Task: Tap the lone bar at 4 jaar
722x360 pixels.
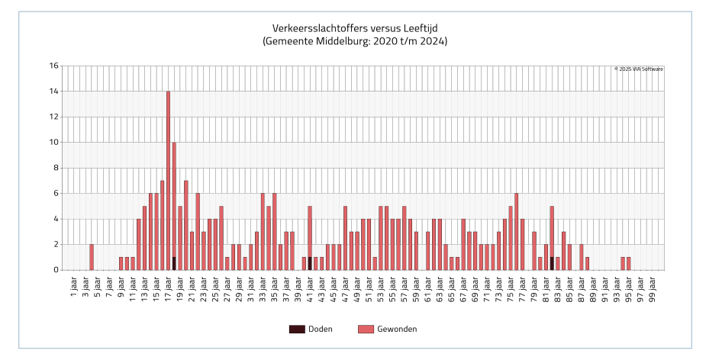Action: coord(92,257)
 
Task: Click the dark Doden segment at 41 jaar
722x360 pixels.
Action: coord(310,264)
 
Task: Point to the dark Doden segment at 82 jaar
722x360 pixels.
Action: coord(552,264)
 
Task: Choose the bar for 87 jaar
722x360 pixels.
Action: coord(582,257)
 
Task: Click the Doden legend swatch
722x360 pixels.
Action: coord(296,329)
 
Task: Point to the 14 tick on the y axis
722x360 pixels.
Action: coord(53,92)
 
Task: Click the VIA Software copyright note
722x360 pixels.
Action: coord(639,69)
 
